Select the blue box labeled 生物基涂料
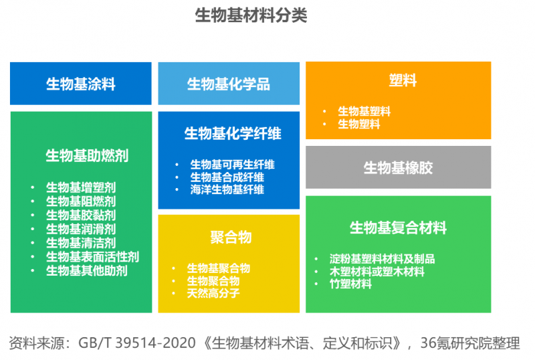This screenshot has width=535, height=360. pyautogui.click(x=80, y=84)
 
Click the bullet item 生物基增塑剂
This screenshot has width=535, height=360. pyautogui.click(x=81, y=187)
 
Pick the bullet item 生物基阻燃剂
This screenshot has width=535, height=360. pyautogui.click(x=81, y=201)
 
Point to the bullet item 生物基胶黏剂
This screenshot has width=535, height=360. pyautogui.click(x=81, y=215)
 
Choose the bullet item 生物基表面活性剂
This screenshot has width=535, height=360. pyautogui.click(x=92, y=257)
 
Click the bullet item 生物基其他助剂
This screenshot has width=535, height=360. pyautogui.click(x=87, y=271)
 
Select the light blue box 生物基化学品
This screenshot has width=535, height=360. pyautogui.click(x=228, y=84)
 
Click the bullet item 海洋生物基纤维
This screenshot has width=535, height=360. pyautogui.click(x=227, y=190)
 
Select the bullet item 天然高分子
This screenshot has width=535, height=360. pyautogui.click(x=213, y=293)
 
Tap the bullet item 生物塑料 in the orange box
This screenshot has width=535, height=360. pyautogui.click(x=359, y=124)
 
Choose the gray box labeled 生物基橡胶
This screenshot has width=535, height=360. pyautogui.click(x=398, y=167)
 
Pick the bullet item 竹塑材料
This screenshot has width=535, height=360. pyautogui.click(x=350, y=284)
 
